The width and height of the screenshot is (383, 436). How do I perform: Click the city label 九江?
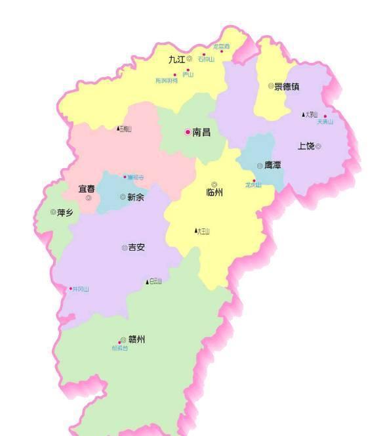(x=176, y=59)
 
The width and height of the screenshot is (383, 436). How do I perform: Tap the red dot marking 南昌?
(x=188, y=132)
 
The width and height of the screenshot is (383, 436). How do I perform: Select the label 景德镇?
(x=287, y=86)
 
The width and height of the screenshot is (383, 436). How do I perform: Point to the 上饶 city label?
(x=306, y=146)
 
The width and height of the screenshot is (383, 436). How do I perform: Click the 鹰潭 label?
(x=273, y=165)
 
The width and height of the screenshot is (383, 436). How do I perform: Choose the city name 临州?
(x=214, y=193)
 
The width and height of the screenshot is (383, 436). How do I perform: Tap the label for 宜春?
(x=87, y=188)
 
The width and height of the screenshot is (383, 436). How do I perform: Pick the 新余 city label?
(x=136, y=197)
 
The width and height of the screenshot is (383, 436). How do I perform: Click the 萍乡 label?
(x=66, y=212)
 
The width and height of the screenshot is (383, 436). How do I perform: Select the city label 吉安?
(x=136, y=248)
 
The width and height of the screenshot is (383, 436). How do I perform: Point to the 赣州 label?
(x=136, y=339)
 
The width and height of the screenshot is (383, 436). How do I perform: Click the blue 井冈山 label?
(x=81, y=289)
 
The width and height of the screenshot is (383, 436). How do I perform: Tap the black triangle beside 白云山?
(x=147, y=282)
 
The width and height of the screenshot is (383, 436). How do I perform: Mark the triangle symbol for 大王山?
(x=195, y=230)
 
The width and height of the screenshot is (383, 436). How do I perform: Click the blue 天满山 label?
(x=325, y=122)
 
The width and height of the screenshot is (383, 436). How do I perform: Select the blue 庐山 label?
(x=188, y=76)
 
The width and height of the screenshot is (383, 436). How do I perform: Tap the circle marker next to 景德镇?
(x=270, y=86)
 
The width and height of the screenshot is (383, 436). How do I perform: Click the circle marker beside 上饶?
(x=318, y=146)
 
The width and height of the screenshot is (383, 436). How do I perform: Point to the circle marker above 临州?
(x=214, y=185)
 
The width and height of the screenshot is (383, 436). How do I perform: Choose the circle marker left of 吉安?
(x=124, y=248)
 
